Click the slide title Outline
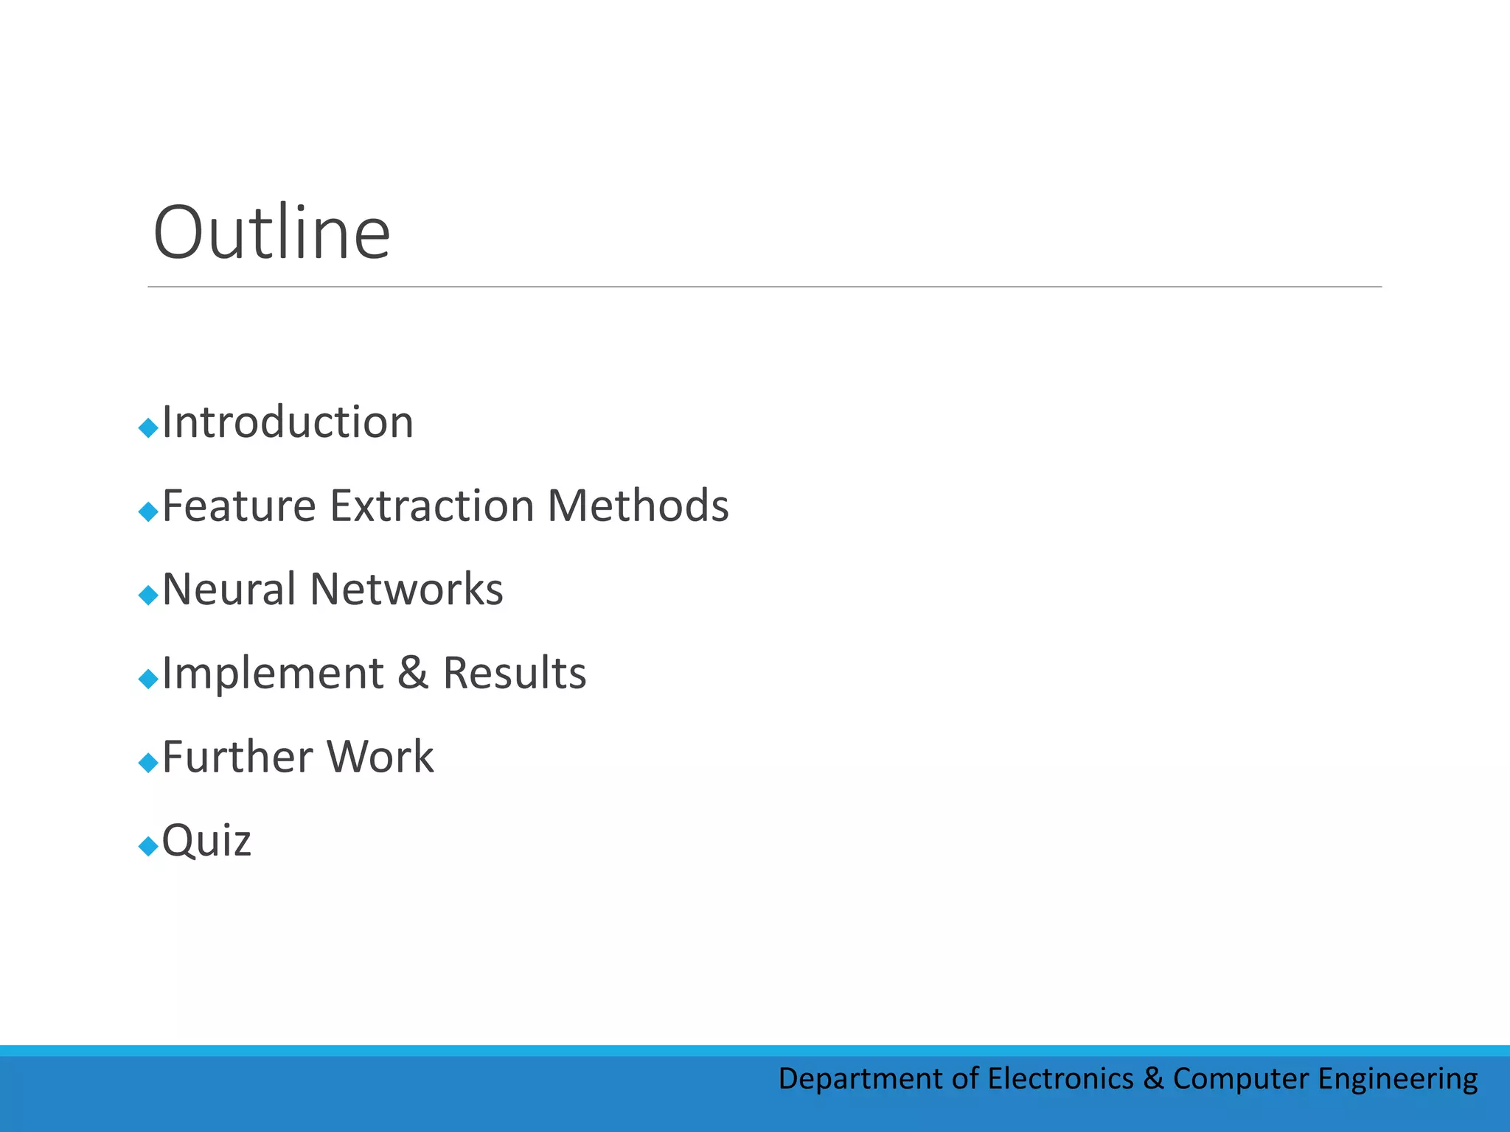click(x=271, y=233)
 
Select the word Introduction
click(x=288, y=422)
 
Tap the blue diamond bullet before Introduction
click(x=148, y=427)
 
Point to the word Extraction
click(x=431, y=506)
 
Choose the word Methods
click(x=638, y=506)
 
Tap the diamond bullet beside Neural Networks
click(x=148, y=595)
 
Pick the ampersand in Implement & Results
click(x=413, y=673)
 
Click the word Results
click(x=514, y=673)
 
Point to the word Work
click(x=380, y=757)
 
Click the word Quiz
click(x=206, y=841)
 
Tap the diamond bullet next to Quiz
click(x=148, y=846)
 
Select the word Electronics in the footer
click(x=1060, y=1078)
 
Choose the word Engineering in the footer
click(x=1397, y=1080)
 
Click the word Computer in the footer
click(x=1241, y=1080)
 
